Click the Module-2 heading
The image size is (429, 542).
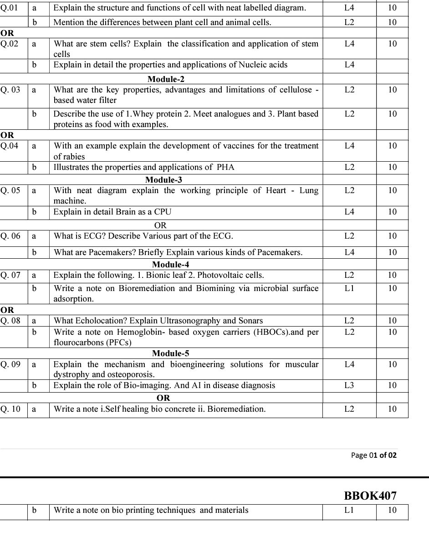pyautogui.click(x=166, y=79)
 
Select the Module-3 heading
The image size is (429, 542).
pyautogui.click(x=163, y=180)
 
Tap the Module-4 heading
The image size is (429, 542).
pyautogui.click(x=170, y=265)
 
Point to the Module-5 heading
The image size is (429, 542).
pyautogui.click(x=170, y=353)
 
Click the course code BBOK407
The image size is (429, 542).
pyautogui.click(x=370, y=496)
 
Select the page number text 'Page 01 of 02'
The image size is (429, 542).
pyautogui.click(x=374, y=455)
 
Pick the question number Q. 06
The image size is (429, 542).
pyautogui.click(x=10, y=236)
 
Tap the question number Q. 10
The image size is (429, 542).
pyautogui.click(x=10, y=409)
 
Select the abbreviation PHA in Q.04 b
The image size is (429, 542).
pyautogui.click(x=225, y=167)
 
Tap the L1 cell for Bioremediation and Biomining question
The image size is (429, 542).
pyautogui.click(x=349, y=288)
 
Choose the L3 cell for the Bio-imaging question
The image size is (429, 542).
pyautogui.click(x=349, y=385)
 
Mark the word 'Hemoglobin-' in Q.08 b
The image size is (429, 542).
pyautogui.click(x=141, y=332)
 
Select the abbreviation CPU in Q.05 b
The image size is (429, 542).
pyautogui.click(x=163, y=212)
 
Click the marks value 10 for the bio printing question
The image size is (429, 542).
pyautogui.click(x=392, y=510)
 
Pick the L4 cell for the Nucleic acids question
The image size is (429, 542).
pyautogui.click(x=349, y=65)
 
